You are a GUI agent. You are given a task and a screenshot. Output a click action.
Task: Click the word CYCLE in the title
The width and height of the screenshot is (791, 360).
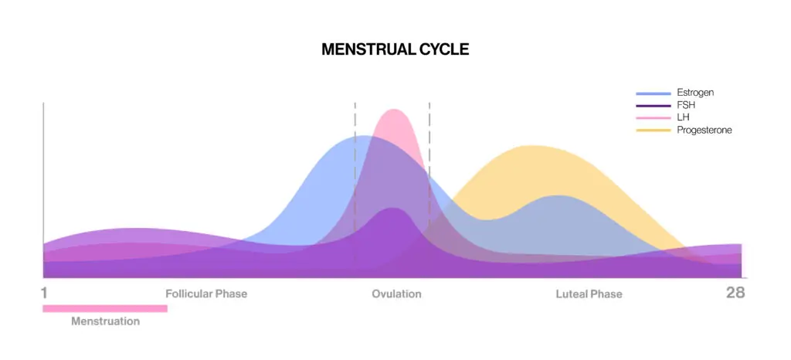[x=444, y=49]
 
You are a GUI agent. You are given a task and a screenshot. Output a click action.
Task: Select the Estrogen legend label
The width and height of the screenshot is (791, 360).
[x=695, y=93]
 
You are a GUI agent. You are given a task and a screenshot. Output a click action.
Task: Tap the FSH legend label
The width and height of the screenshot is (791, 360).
[x=686, y=105]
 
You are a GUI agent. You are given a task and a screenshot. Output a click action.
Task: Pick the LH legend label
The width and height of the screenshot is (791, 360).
[x=683, y=117]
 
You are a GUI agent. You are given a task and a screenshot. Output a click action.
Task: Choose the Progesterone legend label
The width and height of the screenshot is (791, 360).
[x=704, y=130]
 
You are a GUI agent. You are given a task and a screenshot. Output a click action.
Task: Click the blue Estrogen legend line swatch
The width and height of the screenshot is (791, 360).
[x=654, y=93]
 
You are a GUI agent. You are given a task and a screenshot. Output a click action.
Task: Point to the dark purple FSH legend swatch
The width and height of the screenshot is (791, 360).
[x=654, y=106]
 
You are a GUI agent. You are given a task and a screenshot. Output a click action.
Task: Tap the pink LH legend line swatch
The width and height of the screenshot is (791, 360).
[x=654, y=118]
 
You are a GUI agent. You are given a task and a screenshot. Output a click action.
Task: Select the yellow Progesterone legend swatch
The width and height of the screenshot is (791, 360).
[x=654, y=131]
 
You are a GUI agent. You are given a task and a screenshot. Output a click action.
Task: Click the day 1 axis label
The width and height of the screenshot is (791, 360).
[x=44, y=293]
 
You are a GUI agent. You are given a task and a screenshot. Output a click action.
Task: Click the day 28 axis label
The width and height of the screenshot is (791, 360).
[x=735, y=293]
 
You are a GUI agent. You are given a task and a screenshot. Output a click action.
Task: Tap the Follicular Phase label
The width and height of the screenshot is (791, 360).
[x=206, y=294]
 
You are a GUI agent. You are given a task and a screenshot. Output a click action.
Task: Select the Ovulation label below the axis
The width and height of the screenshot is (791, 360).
[x=396, y=294]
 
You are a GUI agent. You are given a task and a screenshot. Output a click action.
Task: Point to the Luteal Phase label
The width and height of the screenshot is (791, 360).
[x=589, y=294]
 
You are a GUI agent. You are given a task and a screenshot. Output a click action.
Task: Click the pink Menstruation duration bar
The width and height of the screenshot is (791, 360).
[x=105, y=308]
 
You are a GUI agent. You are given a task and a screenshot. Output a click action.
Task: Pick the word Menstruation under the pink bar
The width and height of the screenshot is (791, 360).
[x=105, y=321]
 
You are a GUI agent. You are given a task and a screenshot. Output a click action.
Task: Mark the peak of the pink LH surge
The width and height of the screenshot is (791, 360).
[x=393, y=110]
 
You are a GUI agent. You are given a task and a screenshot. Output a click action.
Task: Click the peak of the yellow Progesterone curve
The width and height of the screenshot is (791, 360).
[x=530, y=146]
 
